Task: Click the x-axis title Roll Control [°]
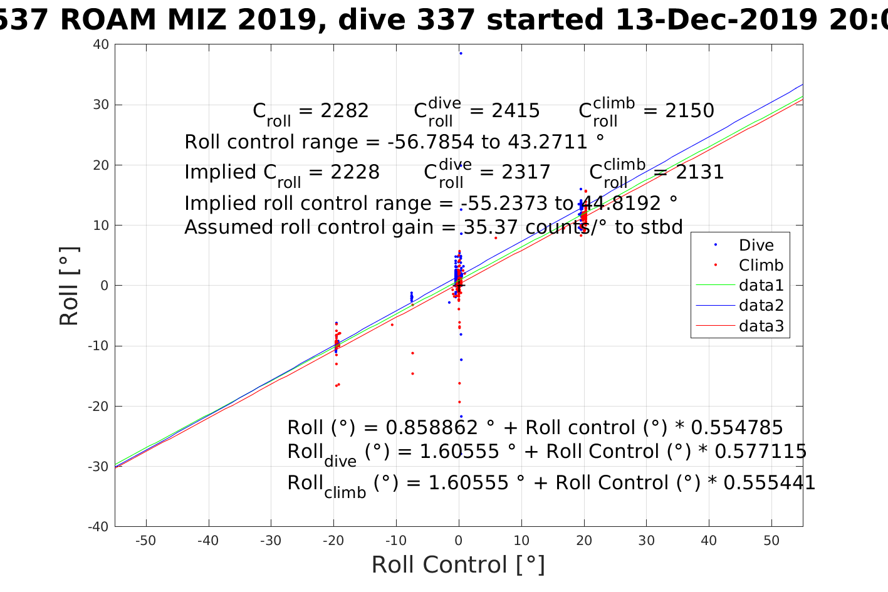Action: (458, 565)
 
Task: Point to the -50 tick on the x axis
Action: (146, 541)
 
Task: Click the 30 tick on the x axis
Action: (646, 541)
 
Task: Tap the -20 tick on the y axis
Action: (100, 406)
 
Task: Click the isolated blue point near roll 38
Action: (461, 53)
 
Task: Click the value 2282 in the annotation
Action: (344, 111)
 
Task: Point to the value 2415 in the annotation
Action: (515, 111)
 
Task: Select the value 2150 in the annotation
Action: (689, 111)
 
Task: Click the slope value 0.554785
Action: (737, 428)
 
